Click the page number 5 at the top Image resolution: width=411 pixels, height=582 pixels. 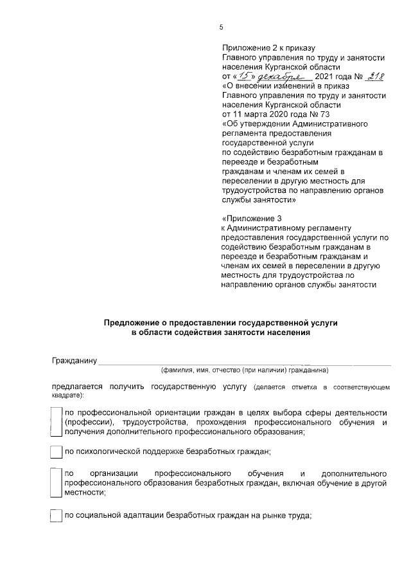pyautogui.click(x=221, y=27)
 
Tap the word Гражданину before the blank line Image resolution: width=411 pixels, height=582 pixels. pyautogui.click(x=74, y=361)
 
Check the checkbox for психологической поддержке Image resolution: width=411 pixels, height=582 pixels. pyautogui.click(x=57, y=451)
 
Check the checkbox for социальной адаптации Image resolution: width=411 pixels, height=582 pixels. pyautogui.click(x=57, y=516)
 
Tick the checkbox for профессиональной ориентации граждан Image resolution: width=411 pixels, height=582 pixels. pyautogui.click(x=57, y=422)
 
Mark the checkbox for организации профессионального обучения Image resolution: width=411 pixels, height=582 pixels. pyautogui.click(x=57, y=482)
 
